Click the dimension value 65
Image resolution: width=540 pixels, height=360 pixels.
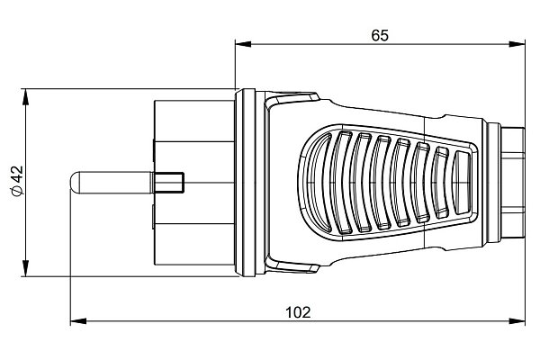[380, 35]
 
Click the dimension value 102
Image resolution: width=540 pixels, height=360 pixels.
[298, 312]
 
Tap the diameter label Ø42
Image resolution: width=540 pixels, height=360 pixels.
[17, 181]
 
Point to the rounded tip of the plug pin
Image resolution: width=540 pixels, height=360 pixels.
[73, 182]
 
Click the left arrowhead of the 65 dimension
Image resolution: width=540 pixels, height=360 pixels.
[243, 44]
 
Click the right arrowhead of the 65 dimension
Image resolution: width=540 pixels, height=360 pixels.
[517, 44]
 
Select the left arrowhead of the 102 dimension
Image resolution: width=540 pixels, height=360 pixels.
[78, 321]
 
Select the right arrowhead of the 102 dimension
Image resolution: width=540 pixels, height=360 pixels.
[517, 321]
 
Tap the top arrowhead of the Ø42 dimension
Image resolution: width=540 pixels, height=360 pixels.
[25, 97]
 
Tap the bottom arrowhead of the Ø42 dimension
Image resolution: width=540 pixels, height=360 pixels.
[25, 268]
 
